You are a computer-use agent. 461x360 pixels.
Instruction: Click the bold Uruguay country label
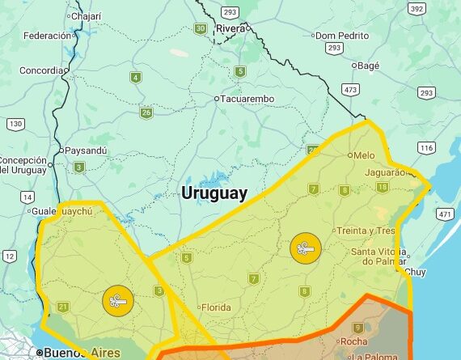click(x=214, y=193)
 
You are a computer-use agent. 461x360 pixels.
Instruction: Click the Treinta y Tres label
click(x=366, y=231)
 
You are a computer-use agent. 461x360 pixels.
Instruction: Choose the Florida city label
click(x=216, y=307)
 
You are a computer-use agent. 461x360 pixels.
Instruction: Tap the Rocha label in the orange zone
click(x=353, y=341)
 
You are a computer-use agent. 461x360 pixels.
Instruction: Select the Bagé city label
click(x=368, y=65)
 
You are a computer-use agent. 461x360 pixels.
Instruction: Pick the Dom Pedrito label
click(x=342, y=36)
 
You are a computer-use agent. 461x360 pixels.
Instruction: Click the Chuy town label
click(x=415, y=272)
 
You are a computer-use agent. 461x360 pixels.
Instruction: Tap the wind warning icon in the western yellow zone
click(x=118, y=301)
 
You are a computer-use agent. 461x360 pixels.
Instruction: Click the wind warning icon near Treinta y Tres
click(x=305, y=248)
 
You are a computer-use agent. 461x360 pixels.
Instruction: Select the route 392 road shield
click(x=417, y=9)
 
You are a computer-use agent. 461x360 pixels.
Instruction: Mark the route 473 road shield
click(x=350, y=89)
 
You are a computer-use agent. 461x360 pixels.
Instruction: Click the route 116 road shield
click(x=427, y=148)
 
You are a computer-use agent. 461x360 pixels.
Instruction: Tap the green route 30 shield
click(x=201, y=28)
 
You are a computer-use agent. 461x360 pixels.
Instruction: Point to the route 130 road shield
click(x=15, y=124)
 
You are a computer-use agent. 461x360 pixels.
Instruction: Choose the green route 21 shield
click(x=63, y=307)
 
